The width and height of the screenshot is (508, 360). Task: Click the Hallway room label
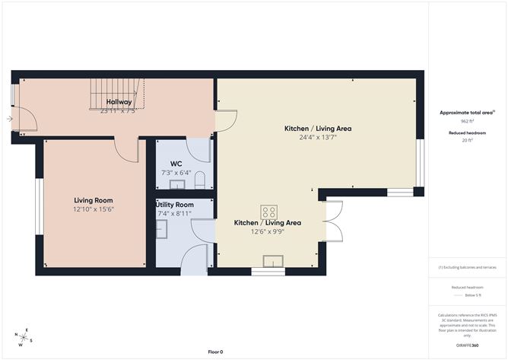click(x=119, y=102)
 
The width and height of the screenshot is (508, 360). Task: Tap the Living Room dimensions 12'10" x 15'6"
click(x=94, y=209)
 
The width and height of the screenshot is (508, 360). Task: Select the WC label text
click(x=176, y=164)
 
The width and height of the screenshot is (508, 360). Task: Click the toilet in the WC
click(x=200, y=180)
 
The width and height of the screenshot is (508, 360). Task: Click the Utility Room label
click(x=175, y=205)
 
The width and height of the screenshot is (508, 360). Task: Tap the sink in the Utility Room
click(x=161, y=234)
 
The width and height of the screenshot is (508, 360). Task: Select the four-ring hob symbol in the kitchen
click(x=268, y=212)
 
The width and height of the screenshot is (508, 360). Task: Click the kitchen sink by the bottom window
click(x=273, y=263)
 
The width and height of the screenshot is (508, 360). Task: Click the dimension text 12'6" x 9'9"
click(x=268, y=232)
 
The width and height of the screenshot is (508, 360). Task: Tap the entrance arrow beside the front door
click(x=8, y=119)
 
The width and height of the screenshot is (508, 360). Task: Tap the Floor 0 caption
click(x=215, y=352)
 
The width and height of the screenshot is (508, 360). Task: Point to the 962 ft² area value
click(x=467, y=121)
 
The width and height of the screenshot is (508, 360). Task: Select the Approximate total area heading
click(x=465, y=112)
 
